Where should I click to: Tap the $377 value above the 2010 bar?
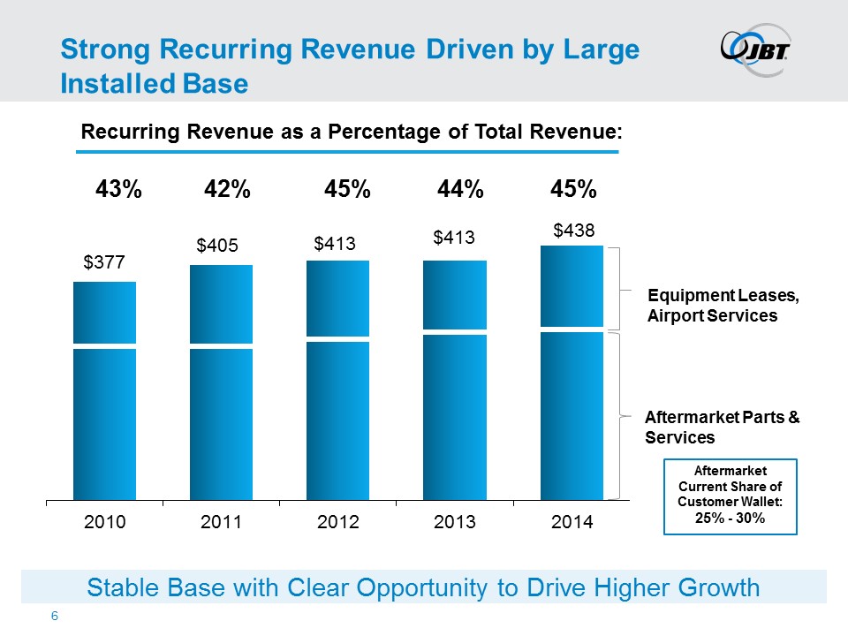tap(103, 262)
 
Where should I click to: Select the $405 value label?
tap(217, 246)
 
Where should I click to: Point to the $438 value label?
tap(574, 230)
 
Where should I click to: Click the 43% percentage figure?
tap(118, 190)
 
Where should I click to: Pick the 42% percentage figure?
tap(227, 190)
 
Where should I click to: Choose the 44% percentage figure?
tap(461, 190)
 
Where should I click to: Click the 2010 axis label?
tap(104, 522)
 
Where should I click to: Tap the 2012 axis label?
tap(337, 522)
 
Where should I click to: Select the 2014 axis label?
tap(572, 522)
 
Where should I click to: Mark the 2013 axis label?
tap(455, 522)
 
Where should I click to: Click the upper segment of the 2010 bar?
tap(104, 312)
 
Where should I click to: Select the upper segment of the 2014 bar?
tap(572, 286)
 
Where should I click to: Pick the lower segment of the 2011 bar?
tap(221, 424)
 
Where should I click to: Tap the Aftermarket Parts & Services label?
tap(723, 428)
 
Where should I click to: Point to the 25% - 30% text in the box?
tap(731, 519)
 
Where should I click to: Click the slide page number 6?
tap(55, 617)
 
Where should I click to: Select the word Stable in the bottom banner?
tap(117, 587)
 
